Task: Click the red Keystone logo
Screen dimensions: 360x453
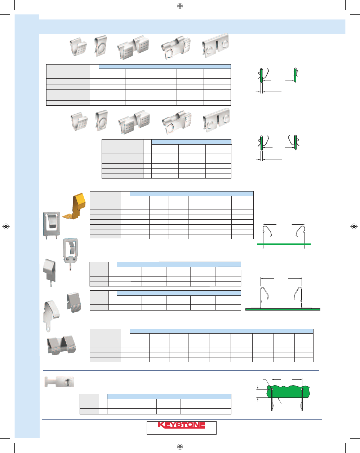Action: [x=181, y=425]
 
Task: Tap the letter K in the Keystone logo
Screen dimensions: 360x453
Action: [x=161, y=425]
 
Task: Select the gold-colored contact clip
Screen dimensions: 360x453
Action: [x=74, y=206]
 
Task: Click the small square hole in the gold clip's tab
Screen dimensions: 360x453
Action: [x=68, y=215]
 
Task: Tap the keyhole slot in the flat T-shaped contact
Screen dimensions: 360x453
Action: [x=67, y=382]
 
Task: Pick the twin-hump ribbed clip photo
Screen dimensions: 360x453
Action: [x=61, y=345]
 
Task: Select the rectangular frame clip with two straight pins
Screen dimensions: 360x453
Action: [x=51, y=225]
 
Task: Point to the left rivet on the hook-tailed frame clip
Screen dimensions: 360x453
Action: [x=67, y=259]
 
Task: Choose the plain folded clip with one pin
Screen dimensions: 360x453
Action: [x=50, y=272]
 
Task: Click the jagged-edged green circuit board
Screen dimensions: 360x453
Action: [x=288, y=392]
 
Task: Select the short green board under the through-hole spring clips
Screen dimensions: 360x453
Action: [x=284, y=244]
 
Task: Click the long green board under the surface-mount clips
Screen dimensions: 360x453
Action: [x=283, y=309]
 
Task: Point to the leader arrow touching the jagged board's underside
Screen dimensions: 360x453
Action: [x=281, y=401]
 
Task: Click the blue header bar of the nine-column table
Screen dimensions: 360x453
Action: [x=222, y=331]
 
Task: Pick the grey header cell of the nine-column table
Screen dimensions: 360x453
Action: [x=106, y=338]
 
